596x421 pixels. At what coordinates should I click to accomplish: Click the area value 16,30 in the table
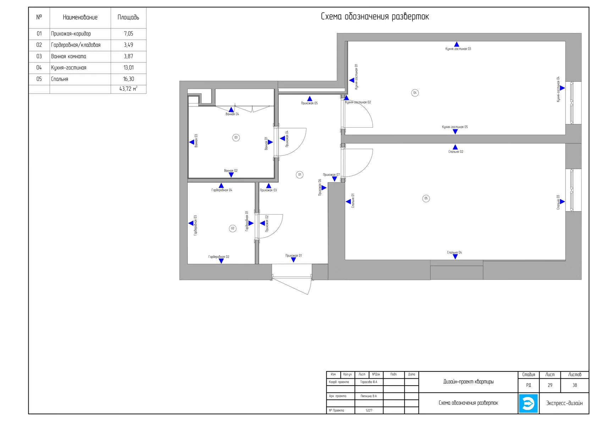pyautogui.click(x=128, y=79)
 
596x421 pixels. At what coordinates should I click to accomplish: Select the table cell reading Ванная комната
pyautogui.click(x=69, y=56)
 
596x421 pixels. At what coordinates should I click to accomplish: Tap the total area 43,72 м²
pyautogui.click(x=128, y=89)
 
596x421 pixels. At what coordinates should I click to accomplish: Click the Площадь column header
pyautogui.click(x=128, y=17)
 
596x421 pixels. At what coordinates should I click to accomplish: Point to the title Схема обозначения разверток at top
pyautogui.click(x=375, y=17)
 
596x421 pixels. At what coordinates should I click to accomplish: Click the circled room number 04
pyautogui.click(x=415, y=93)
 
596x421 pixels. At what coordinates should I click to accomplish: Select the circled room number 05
pyautogui.click(x=426, y=198)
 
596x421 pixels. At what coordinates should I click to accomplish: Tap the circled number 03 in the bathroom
pyautogui.click(x=236, y=138)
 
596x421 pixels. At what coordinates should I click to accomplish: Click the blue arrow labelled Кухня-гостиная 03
pyautogui.click(x=457, y=44)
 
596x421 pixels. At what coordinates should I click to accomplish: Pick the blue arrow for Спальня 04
pyautogui.click(x=455, y=257)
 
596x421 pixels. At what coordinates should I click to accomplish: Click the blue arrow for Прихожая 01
pyautogui.click(x=293, y=260)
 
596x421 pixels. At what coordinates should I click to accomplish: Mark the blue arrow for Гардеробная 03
pyautogui.click(x=191, y=223)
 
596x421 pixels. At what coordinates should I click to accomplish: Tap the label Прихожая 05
pyautogui.click(x=309, y=103)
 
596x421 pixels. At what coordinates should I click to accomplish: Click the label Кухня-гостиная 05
pyautogui.click(x=455, y=127)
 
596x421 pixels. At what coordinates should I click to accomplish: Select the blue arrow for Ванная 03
pyautogui.click(x=192, y=142)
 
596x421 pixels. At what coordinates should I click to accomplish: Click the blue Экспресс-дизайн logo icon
pyautogui.click(x=528, y=403)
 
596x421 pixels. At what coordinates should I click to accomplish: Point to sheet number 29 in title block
pyautogui.click(x=550, y=385)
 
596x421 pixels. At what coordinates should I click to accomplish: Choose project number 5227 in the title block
pyautogui.click(x=369, y=410)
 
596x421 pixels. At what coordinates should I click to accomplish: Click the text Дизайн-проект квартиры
pyautogui.click(x=468, y=382)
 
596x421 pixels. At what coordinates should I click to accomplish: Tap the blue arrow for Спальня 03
pyautogui.click(x=562, y=202)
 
